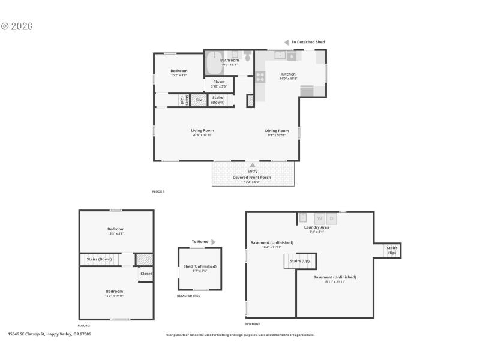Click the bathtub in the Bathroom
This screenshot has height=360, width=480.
[214, 63]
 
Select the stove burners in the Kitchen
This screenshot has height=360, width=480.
[260, 77]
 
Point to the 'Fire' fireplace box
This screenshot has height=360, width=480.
[199, 100]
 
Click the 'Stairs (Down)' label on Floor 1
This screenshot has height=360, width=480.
[218, 100]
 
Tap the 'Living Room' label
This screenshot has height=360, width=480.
[202, 131]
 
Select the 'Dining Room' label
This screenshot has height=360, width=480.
[278, 131]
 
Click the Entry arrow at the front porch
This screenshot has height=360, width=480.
[253, 165]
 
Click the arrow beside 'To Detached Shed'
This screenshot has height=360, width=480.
[287, 42]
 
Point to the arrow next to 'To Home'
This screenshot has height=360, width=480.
[213, 242]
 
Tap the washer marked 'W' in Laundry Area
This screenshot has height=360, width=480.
[319, 218]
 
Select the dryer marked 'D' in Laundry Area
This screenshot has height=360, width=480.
[332, 218]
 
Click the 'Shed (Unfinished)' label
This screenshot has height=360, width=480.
[200, 266]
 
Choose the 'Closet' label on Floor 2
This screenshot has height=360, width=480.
[146, 274]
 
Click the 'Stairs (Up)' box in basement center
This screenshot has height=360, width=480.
[299, 262]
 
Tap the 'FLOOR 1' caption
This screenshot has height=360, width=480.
[158, 191]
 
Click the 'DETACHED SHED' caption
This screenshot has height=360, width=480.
[188, 296]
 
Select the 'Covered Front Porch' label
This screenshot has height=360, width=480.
[252, 178]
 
